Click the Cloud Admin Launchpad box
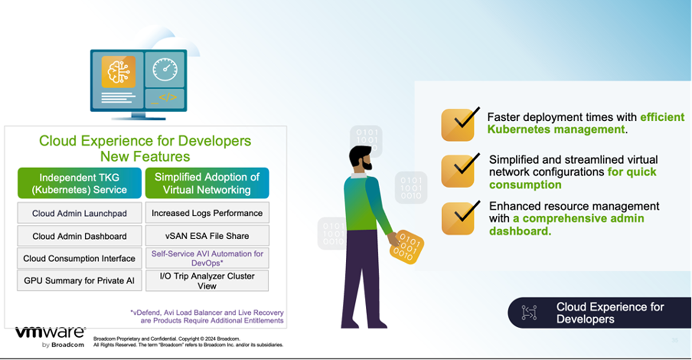point(79,213)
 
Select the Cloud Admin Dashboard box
point(79,236)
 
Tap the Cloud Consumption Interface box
point(79,259)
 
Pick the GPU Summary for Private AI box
point(79,281)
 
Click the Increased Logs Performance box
point(207,213)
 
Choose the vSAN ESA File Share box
point(207,236)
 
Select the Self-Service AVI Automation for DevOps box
point(207,258)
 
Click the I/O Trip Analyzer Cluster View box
point(207,281)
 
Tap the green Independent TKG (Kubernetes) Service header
point(79,183)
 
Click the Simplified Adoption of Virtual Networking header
point(207,183)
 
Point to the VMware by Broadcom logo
point(50,337)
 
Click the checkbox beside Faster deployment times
point(458,125)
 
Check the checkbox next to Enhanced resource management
point(458,218)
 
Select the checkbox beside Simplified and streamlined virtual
point(458,171)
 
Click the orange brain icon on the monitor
point(118,72)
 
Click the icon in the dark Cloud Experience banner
point(528,312)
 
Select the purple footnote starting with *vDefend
point(206,317)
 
